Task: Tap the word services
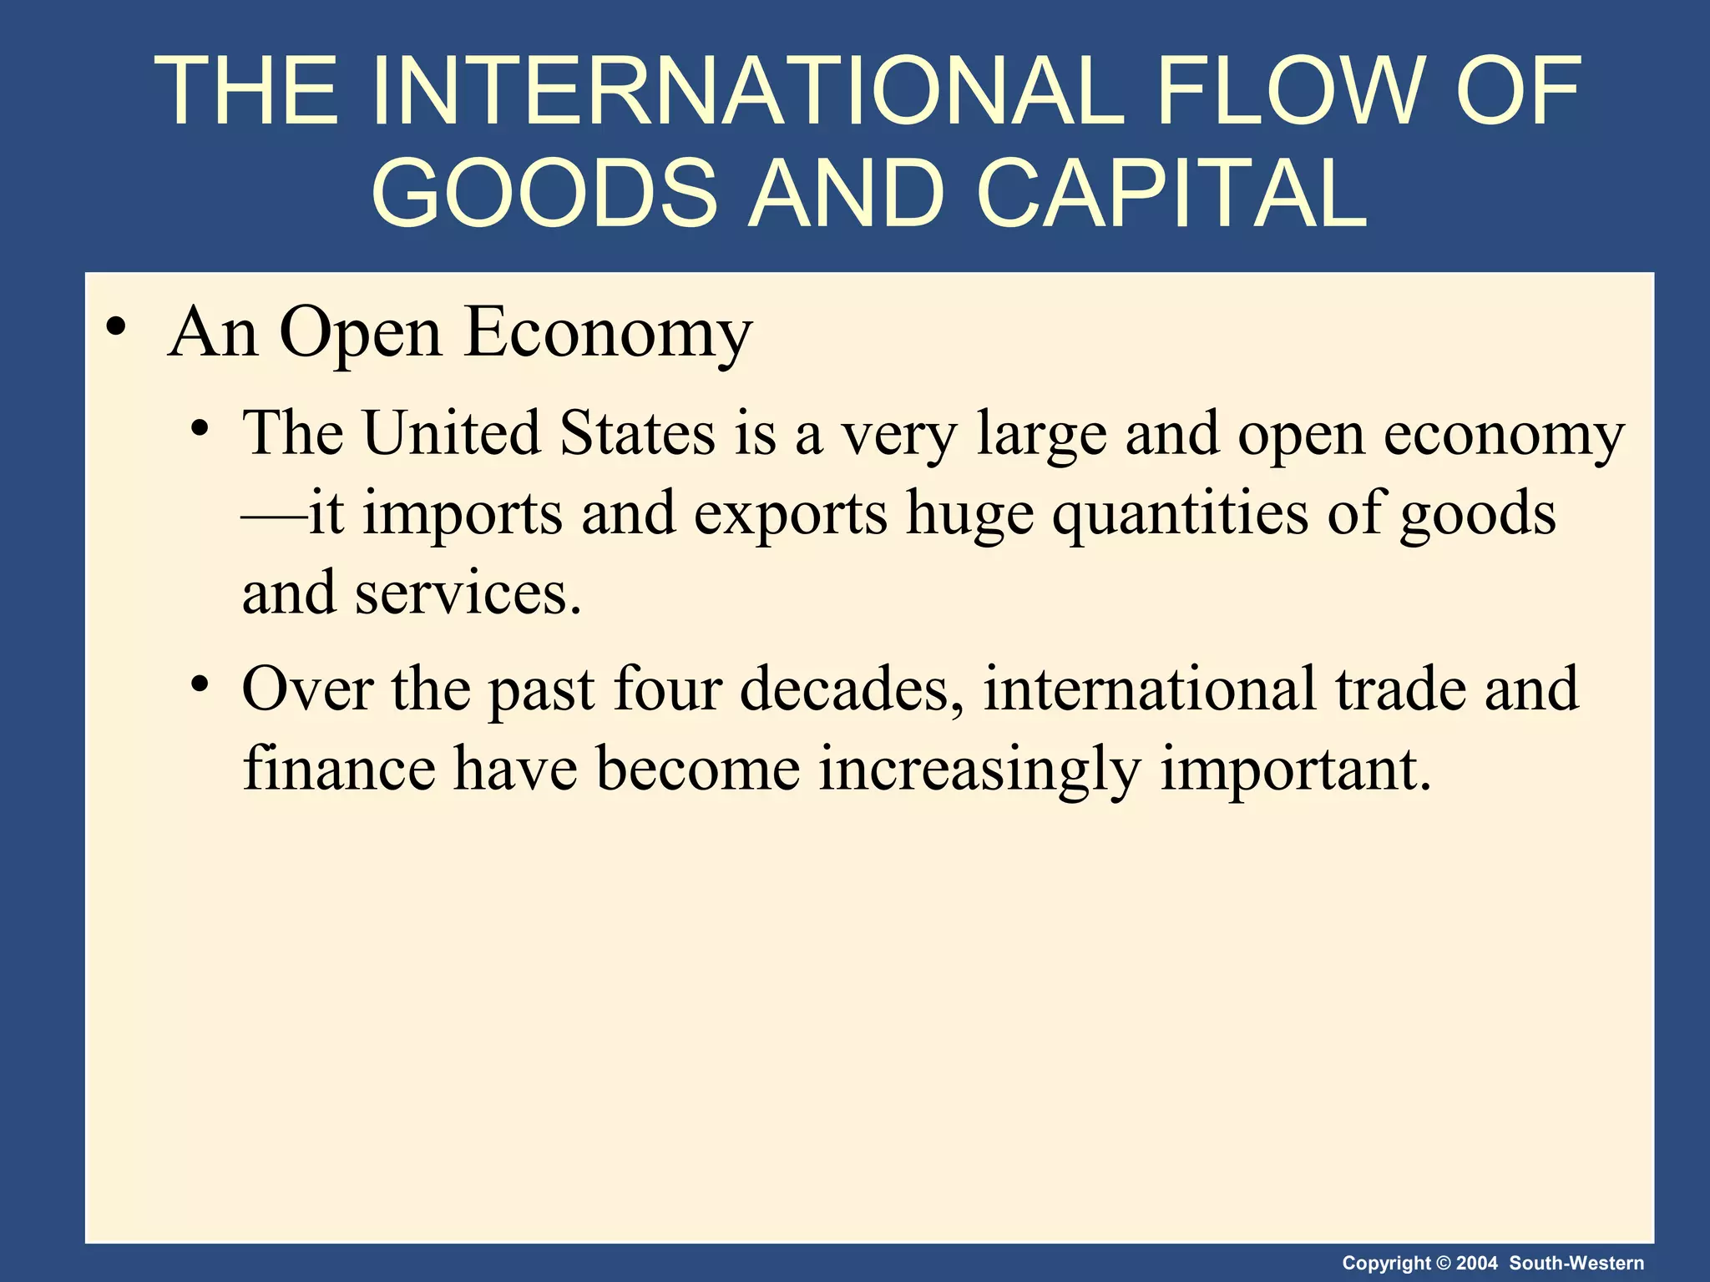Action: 468,593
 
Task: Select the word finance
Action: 339,768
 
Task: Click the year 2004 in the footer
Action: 1476,1263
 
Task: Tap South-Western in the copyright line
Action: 1576,1263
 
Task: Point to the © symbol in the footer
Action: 1443,1263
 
